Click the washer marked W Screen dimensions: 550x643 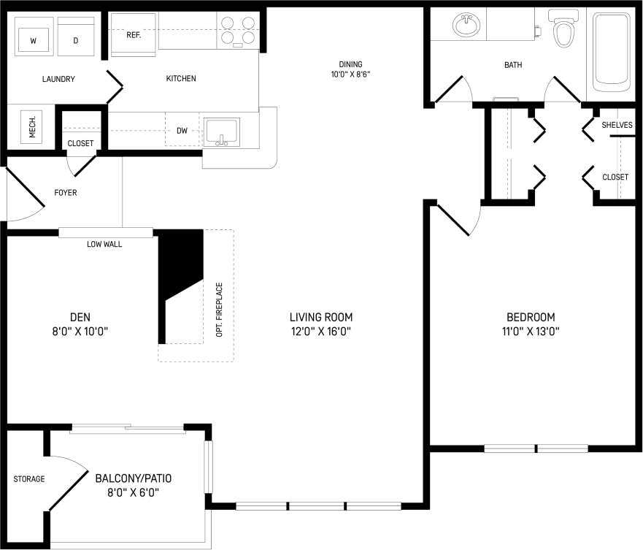(33, 41)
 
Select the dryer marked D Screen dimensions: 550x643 (75, 41)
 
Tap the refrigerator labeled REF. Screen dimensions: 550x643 (133, 35)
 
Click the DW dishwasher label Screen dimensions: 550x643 (182, 131)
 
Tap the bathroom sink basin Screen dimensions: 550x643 (466, 26)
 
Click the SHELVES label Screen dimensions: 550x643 (617, 125)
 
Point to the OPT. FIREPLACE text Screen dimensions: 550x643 (219, 310)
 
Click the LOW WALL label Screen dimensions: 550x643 (104, 244)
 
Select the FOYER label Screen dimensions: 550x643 (66, 193)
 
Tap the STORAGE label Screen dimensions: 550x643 (29, 479)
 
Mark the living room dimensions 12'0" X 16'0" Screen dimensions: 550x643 (321, 331)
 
